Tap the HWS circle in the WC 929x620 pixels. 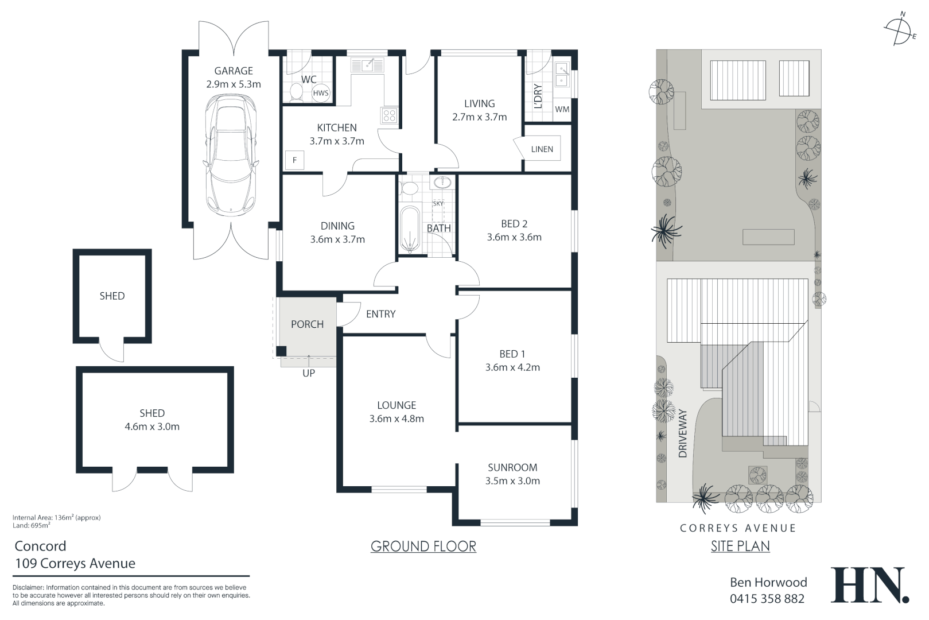[x=321, y=93]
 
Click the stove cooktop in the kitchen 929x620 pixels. [x=389, y=115]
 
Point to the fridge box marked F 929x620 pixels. [x=294, y=160]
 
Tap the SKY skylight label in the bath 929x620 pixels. [x=438, y=203]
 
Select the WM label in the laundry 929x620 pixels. [x=562, y=109]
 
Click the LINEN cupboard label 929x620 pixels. [x=542, y=149]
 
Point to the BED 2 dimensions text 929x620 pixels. [x=514, y=237]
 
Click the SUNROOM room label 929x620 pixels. [x=512, y=467]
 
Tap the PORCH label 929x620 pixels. [x=307, y=324]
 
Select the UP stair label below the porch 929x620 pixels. [x=309, y=373]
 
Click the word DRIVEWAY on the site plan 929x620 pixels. [x=682, y=433]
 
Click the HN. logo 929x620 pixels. [x=870, y=585]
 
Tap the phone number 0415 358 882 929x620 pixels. [x=767, y=599]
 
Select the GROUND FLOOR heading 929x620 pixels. [x=423, y=546]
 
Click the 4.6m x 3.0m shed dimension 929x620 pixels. [x=152, y=427]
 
